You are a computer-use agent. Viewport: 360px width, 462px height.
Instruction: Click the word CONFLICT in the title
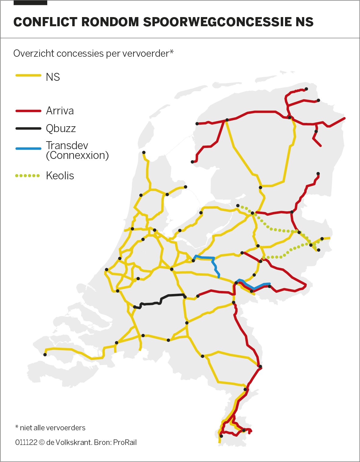(x=45, y=22)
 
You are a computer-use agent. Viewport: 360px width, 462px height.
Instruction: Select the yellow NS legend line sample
(x=28, y=75)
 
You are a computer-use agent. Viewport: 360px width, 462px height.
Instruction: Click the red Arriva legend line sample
(x=28, y=111)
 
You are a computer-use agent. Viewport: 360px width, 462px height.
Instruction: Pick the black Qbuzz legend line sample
(x=28, y=128)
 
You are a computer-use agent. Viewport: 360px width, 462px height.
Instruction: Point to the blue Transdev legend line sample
(x=28, y=149)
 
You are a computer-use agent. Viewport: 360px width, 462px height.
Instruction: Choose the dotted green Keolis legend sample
(x=27, y=176)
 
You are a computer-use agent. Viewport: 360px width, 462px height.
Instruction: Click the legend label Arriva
(x=60, y=111)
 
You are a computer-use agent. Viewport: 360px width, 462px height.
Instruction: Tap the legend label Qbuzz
(x=61, y=128)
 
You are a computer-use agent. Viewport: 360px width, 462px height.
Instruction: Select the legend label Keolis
(x=60, y=176)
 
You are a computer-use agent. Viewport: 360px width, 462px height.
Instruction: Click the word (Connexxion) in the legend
(x=77, y=155)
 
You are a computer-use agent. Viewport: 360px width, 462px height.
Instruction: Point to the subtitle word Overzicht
(x=34, y=53)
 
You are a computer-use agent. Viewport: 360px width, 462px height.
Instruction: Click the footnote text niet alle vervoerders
(x=52, y=428)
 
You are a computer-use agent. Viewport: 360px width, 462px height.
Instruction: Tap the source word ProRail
(x=125, y=442)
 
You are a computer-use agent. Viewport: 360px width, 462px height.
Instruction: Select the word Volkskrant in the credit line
(x=73, y=442)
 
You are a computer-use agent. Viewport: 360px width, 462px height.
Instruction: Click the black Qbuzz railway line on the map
(x=159, y=301)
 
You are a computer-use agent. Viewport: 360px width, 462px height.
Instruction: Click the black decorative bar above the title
(x=30, y=3)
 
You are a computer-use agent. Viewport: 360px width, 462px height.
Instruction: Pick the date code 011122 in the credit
(x=26, y=442)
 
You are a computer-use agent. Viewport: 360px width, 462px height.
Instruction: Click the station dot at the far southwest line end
(x=45, y=355)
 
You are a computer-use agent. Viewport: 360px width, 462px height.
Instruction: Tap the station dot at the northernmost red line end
(x=306, y=89)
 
